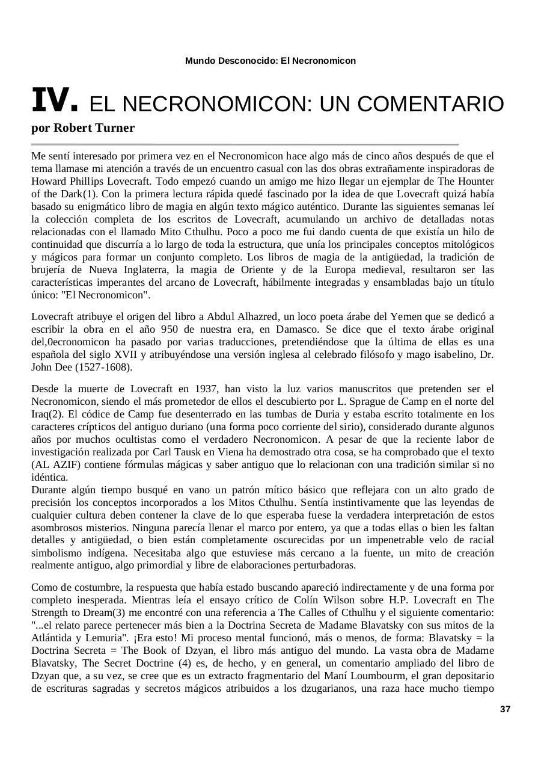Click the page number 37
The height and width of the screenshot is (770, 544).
505,709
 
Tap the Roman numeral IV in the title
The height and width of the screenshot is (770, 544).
55,100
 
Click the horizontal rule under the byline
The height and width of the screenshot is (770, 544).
245,145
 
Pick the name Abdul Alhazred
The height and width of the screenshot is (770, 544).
243,317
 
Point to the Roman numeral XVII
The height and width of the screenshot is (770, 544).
125,355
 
